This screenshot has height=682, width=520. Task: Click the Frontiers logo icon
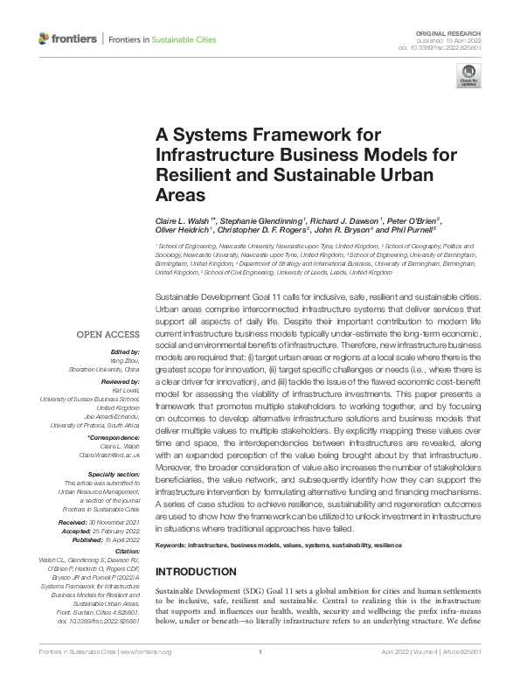(44, 39)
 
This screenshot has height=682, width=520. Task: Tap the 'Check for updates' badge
(469, 80)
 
